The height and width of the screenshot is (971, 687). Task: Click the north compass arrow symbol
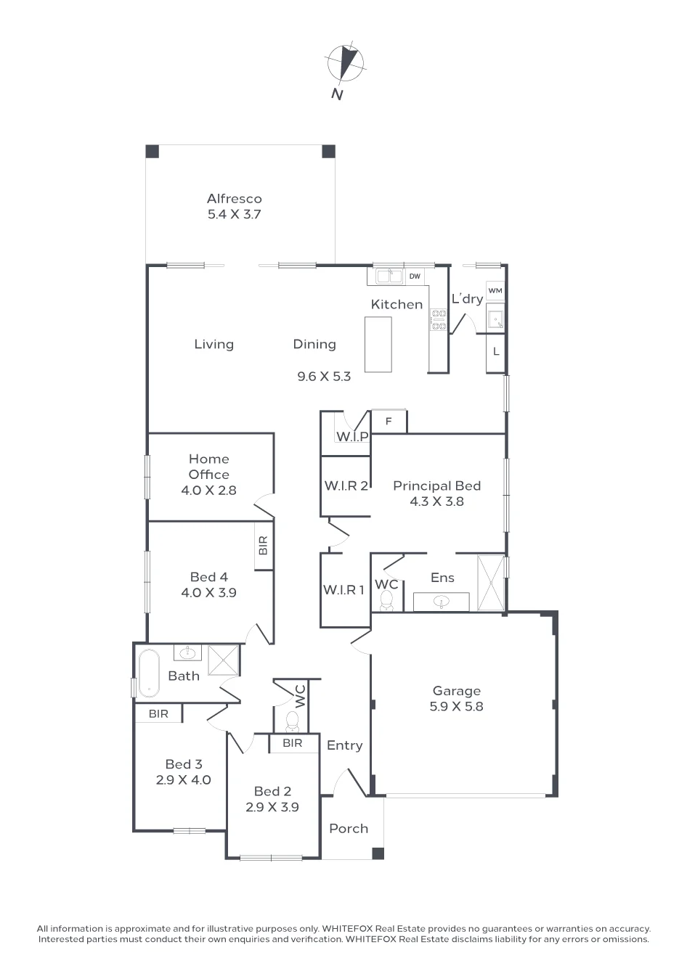(346, 64)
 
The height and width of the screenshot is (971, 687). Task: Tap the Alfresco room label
(234, 199)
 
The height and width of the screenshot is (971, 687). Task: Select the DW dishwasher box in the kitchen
(415, 276)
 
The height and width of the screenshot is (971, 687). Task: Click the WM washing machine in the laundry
(495, 290)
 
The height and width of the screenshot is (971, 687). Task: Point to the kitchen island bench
(378, 344)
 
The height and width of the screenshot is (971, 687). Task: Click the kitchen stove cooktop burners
(438, 319)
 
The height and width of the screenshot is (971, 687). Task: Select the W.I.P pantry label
(352, 437)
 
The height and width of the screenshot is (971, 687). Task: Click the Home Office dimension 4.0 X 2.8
(208, 491)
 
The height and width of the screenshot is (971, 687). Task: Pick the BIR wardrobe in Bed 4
(264, 546)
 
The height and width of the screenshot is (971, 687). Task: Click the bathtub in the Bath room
(149, 673)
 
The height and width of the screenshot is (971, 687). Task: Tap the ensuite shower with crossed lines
(491, 583)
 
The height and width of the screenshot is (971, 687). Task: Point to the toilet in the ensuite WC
(386, 600)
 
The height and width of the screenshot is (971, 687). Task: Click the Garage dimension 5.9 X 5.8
(456, 706)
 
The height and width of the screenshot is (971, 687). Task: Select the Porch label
(349, 828)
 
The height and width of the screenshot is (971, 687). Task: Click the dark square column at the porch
(378, 853)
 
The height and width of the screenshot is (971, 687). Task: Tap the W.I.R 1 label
(343, 589)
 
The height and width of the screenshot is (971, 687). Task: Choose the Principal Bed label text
(436, 485)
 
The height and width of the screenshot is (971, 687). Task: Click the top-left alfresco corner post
(153, 151)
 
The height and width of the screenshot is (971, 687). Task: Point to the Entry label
(345, 745)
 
